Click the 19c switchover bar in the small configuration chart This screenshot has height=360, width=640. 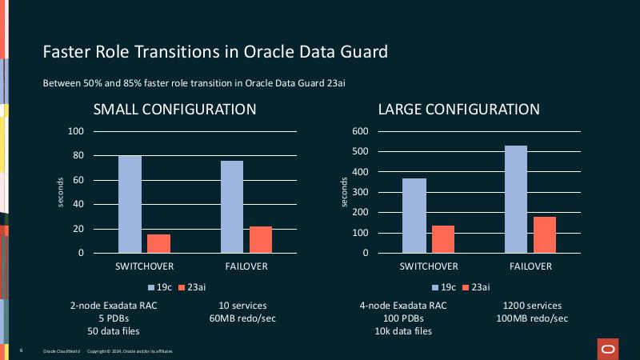pyautogui.click(x=130, y=204)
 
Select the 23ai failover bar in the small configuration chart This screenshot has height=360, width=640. pyautogui.click(x=261, y=239)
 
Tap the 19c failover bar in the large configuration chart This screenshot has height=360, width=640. pyautogui.click(x=516, y=199)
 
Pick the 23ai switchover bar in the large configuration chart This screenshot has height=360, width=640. pyautogui.click(x=443, y=239)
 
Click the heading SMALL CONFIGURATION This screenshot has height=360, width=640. pyautogui.click(x=174, y=110)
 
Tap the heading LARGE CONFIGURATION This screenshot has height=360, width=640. pyautogui.click(x=458, y=110)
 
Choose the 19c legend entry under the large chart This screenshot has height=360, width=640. pyautogui.click(x=444, y=287)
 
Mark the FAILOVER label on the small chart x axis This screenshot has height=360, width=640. pyautogui.click(x=245, y=266)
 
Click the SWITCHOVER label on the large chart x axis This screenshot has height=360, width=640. pyautogui.click(x=429, y=266)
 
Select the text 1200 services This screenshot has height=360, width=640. pyautogui.click(x=532, y=306)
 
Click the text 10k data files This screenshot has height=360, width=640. pyautogui.click(x=404, y=331)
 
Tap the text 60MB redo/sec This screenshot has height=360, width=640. pyautogui.click(x=242, y=318)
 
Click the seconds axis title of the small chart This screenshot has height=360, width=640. pyautogui.click(x=61, y=192)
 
